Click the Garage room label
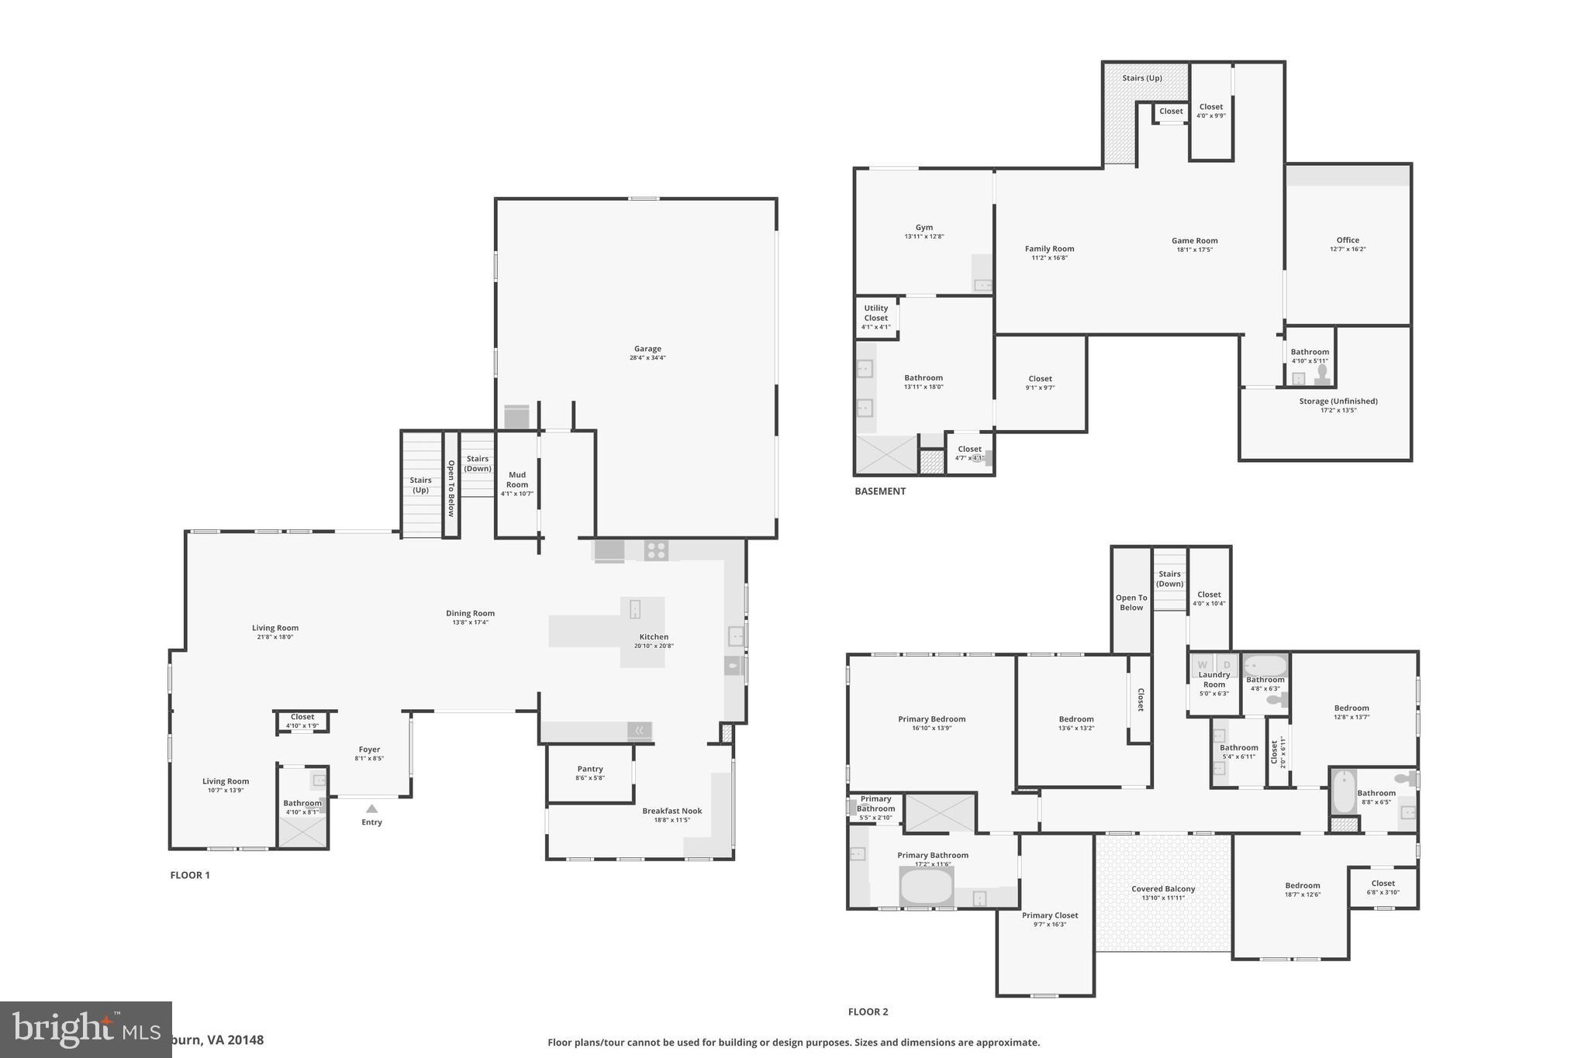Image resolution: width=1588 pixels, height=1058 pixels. [647, 350]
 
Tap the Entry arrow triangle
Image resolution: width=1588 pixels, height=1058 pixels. [371, 808]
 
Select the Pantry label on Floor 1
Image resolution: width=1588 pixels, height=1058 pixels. [590, 769]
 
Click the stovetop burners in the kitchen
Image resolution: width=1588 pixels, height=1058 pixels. [656, 550]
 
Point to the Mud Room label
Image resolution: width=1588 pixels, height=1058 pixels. [517, 479]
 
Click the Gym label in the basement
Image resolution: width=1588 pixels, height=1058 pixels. [923, 228]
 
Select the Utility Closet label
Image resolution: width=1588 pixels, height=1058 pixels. [876, 313]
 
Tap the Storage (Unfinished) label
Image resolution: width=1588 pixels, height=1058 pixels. [1338, 401]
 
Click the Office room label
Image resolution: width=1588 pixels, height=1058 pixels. [1348, 240]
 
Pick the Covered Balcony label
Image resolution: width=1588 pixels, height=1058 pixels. [1163, 889]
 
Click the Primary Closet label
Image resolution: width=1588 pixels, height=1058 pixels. [1050, 915]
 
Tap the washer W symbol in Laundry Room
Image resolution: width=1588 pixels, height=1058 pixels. [1203, 665]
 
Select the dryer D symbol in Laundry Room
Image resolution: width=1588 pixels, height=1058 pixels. [1227, 665]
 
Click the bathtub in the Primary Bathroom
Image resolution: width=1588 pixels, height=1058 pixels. [927, 886]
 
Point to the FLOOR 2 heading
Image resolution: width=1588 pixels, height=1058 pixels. [868, 1011]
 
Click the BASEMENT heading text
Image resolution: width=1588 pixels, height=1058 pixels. [880, 491]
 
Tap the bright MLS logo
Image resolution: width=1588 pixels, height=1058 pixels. [85, 1030]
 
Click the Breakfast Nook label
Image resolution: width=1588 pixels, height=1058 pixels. [671, 811]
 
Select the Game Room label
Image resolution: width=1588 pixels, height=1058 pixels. [1194, 241]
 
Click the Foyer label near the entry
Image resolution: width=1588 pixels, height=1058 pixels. [369, 750]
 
